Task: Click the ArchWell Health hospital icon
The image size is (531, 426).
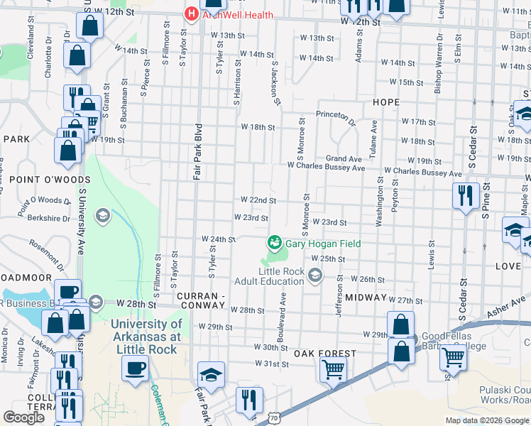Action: (191, 13)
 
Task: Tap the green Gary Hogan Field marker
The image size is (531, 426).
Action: (274, 244)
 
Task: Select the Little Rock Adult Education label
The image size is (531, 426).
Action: (283, 277)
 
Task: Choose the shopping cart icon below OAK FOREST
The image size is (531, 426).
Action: (332, 369)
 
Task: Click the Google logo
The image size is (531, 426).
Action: (23, 417)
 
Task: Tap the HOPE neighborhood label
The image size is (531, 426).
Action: (386, 102)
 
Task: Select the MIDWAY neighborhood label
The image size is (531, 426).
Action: (366, 297)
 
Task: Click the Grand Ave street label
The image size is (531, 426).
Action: (344, 159)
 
